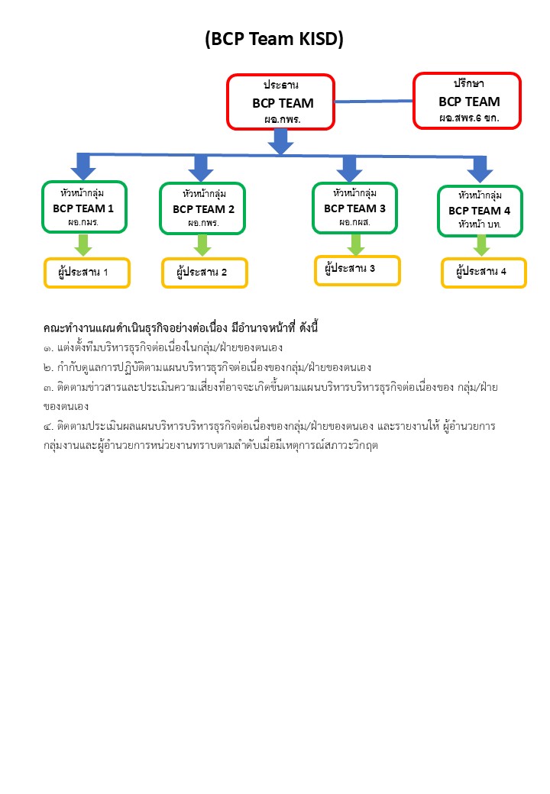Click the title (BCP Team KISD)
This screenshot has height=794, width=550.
point(274,40)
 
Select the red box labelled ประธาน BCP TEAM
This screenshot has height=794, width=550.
point(281,102)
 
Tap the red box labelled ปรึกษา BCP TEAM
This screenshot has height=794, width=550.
point(467,100)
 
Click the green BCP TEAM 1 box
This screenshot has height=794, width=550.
point(84,207)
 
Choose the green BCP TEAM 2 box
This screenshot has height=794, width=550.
point(202,208)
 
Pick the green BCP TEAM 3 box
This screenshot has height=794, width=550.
point(354,208)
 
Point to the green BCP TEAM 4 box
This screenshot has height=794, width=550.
point(480,211)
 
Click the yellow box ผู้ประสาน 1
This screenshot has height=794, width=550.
point(86,273)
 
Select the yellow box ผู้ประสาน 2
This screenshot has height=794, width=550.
point(205,273)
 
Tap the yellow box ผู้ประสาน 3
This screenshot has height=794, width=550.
point(357,270)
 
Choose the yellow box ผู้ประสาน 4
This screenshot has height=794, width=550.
point(484,272)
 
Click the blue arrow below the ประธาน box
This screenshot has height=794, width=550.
point(281,141)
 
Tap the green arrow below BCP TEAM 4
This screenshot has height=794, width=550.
point(481,246)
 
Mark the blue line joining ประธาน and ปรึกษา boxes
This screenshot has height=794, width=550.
point(374,100)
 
